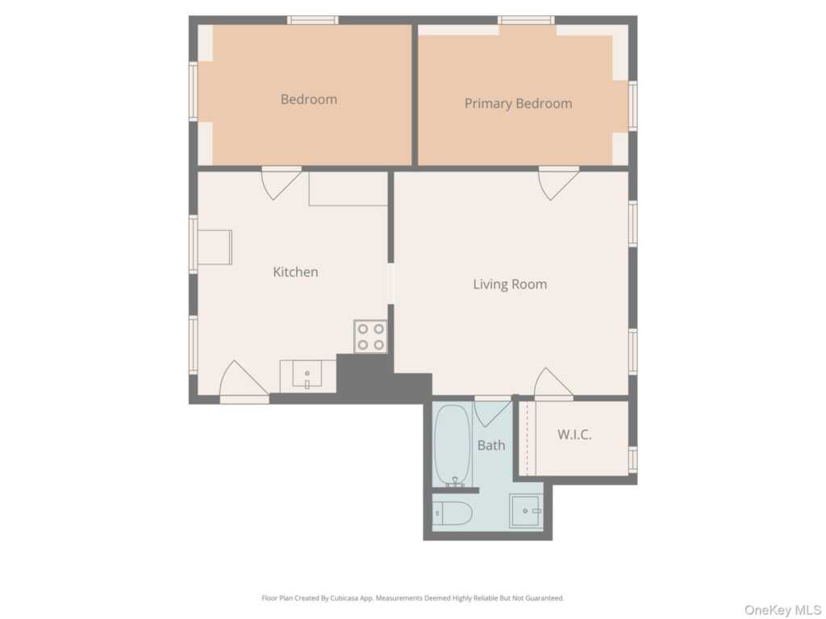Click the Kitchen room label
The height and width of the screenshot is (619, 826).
point(295,272)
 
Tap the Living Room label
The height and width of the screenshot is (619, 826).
point(510,285)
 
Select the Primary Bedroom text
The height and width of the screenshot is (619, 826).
point(518,104)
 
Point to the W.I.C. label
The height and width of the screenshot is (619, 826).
point(574,435)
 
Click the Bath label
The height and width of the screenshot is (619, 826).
point(491,445)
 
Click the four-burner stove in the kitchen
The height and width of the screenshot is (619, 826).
point(370,337)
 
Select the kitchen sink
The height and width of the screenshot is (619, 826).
point(307,376)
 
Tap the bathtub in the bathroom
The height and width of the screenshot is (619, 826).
point(452,444)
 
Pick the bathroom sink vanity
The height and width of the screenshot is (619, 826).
point(525,511)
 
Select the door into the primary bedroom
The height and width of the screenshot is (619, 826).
point(558,182)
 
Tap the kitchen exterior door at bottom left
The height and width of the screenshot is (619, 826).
point(244,382)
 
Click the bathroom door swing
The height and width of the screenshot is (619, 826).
point(491,412)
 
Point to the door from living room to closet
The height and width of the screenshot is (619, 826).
point(553,384)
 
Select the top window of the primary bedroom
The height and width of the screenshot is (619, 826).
point(525,20)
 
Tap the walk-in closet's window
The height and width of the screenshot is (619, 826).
point(632,459)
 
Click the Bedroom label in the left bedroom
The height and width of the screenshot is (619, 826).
point(308,100)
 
